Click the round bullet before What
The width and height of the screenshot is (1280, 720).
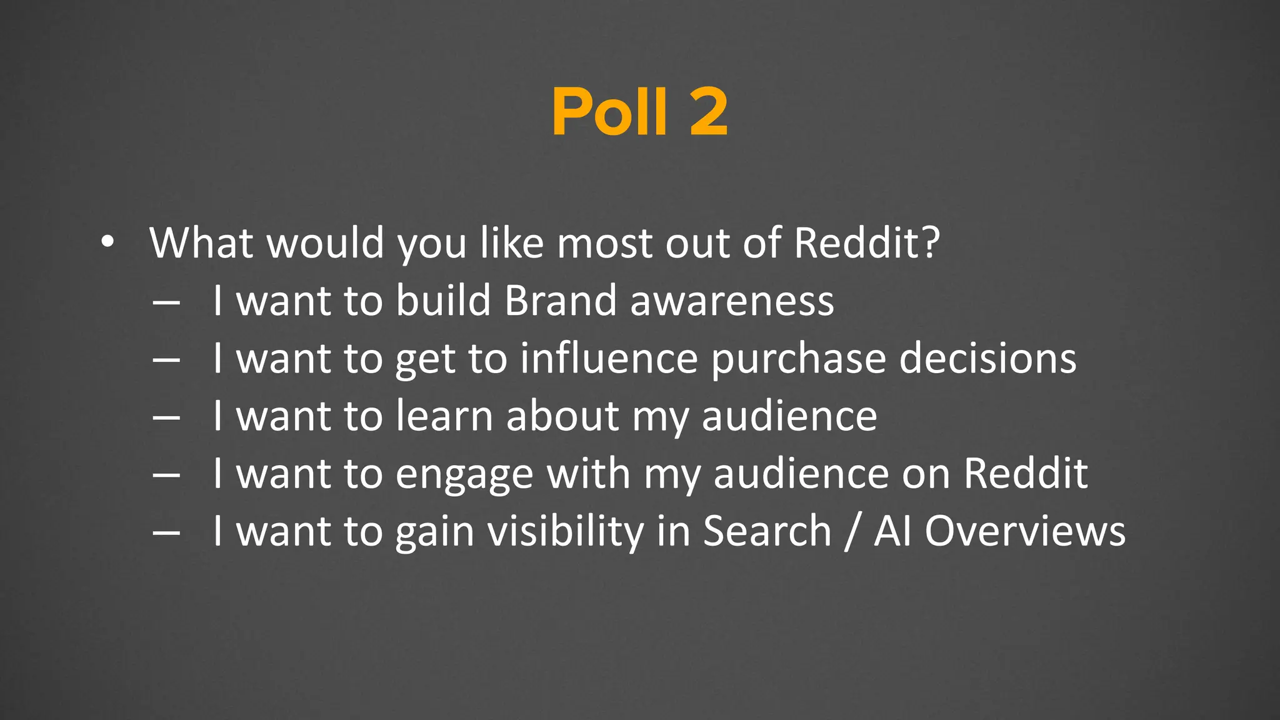coord(107,242)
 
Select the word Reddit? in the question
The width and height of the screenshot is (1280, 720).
coord(867,242)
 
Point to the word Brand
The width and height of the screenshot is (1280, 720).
coord(561,301)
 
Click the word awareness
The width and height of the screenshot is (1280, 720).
coord(732,301)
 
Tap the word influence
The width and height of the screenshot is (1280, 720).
coord(609,358)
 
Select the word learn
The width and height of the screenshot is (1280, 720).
coord(444,416)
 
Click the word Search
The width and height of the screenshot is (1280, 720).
coord(767,531)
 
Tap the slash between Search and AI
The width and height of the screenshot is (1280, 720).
coord(852,532)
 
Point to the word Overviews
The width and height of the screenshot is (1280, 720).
coord(1025,531)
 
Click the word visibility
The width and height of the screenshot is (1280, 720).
coord(565,532)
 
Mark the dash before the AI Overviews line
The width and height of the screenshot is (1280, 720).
coord(166,533)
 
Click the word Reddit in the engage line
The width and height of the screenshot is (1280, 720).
coord(1026,473)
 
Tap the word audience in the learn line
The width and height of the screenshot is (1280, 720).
coord(789,416)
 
